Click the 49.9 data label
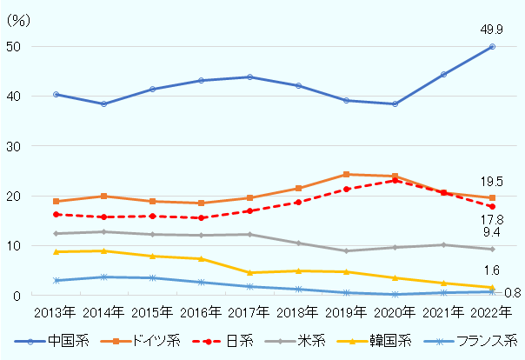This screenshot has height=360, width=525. click(x=491, y=30)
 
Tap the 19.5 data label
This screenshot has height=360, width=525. click(x=492, y=182)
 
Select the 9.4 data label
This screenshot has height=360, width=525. click(x=492, y=233)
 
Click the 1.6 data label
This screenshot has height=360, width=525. click(x=492, y=271)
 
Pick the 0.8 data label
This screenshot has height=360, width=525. click(x=512, y=293)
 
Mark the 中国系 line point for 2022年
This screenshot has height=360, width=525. click(x=492, y=46)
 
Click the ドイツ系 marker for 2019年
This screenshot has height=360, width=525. click(x=346, y=175)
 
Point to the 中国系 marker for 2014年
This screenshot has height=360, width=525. click(x=103, y=103)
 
